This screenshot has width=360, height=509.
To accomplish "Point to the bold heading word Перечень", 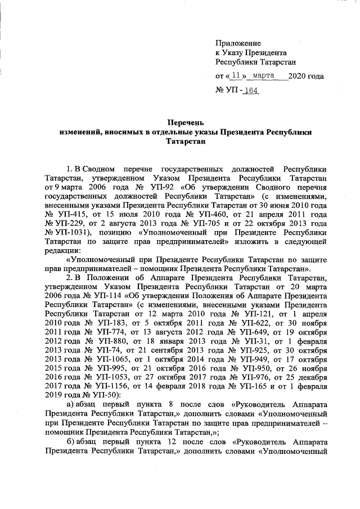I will click(x=186, y=121).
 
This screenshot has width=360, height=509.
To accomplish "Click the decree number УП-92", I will click(x=148, y=187).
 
